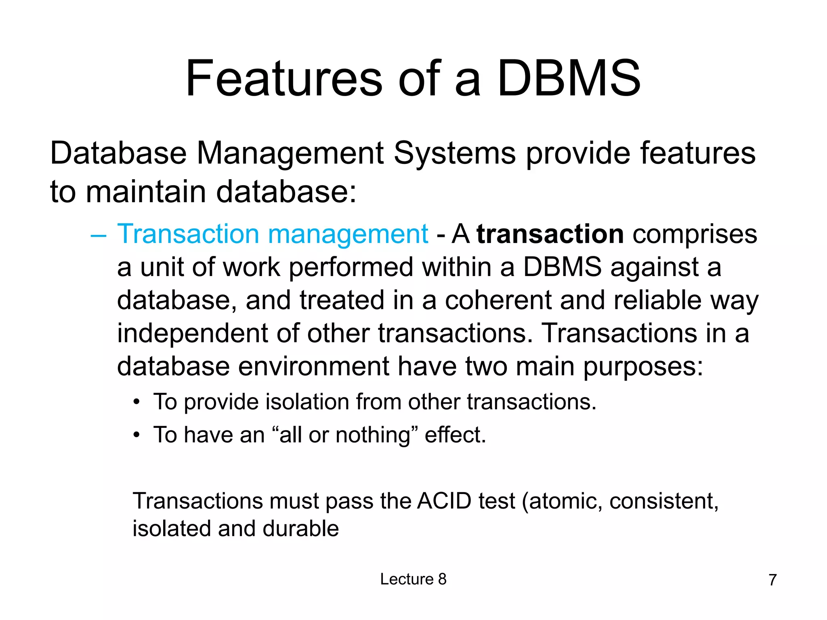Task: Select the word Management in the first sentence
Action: (x=290, y=153)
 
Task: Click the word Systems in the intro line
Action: (x=454, y=153)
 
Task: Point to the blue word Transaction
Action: (x=188, y=234)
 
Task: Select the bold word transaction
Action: (x=550, y=234)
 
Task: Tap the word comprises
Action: (x=695, y=234)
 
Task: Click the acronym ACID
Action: (x=444, y=501)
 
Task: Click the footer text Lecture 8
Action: (x=413, y=579)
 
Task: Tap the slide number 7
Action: (x=772, y=580)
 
